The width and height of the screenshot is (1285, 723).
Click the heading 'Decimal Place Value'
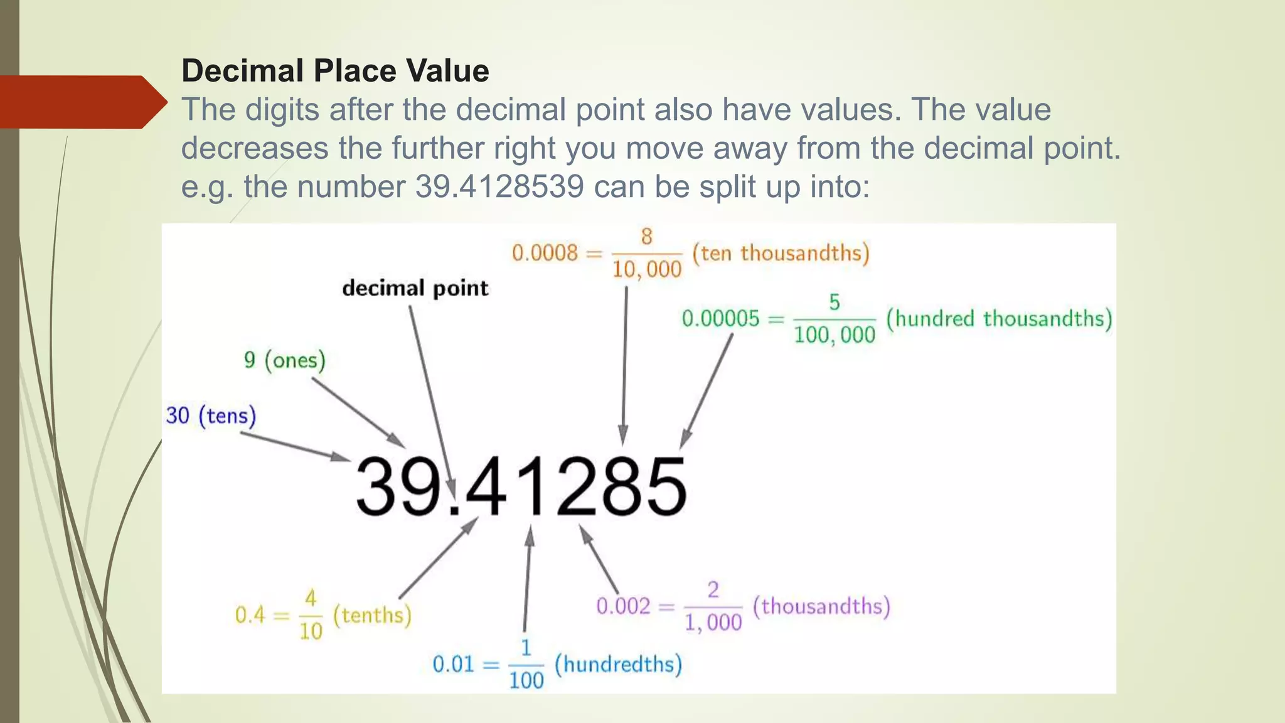(x=335, y=70)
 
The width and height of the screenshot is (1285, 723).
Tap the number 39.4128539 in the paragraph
(x=499, y=186)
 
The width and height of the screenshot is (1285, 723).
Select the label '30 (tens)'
(x=211, y=415)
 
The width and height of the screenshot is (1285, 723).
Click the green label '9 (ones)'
(x=285, y=360)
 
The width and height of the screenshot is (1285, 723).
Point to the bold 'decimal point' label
(x=415, y=288)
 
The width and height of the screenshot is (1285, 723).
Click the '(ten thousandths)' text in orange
(x=781, y=253)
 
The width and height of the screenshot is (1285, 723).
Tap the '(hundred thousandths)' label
(x=999, y=318)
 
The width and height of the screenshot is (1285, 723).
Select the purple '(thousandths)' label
(x=821, y=606)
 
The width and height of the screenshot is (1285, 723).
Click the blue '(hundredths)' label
(x=618, y=664)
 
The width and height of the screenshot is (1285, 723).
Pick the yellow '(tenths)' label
(x=372, y=615)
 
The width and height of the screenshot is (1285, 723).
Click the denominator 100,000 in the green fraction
(x=834, y=335)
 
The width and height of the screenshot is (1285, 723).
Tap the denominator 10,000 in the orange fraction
(x=646, y=270)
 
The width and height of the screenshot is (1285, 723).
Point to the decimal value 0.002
(x=623, y=606)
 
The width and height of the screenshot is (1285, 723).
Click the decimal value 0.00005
(x=720, y=319)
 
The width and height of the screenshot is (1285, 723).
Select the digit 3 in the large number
(x=378, y=486)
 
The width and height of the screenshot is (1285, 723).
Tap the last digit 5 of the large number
(x=664, y=486)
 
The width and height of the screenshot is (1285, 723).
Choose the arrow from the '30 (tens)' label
(x=295, y=446)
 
